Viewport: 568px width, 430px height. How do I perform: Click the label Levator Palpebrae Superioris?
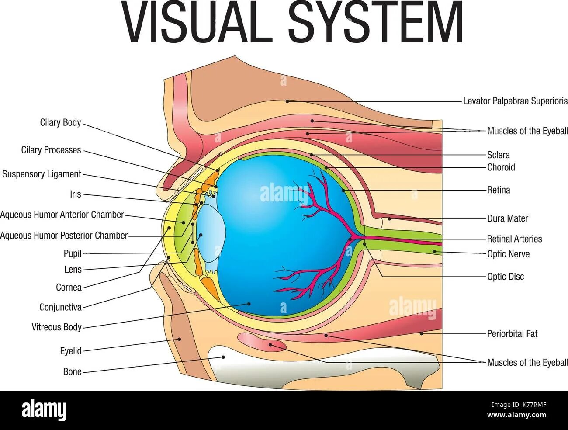515,101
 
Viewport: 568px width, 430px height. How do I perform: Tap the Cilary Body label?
61,122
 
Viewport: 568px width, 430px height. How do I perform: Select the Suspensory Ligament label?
42,174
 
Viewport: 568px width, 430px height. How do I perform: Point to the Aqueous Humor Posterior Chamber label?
64,236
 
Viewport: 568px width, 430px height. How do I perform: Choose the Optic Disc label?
506,277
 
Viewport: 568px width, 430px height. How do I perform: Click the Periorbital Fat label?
512,333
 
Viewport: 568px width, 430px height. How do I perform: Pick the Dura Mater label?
508,218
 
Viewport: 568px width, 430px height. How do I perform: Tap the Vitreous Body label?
57,327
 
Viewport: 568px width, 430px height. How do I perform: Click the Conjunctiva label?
61,307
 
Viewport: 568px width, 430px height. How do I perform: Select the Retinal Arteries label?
514,239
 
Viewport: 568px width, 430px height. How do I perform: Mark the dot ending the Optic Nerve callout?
434,251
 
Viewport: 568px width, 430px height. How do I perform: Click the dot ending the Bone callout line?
223,357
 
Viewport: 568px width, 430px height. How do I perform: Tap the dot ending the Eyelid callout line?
179,339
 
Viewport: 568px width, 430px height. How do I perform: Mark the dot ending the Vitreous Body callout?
249,303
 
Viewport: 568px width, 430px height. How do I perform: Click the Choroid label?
501,167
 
